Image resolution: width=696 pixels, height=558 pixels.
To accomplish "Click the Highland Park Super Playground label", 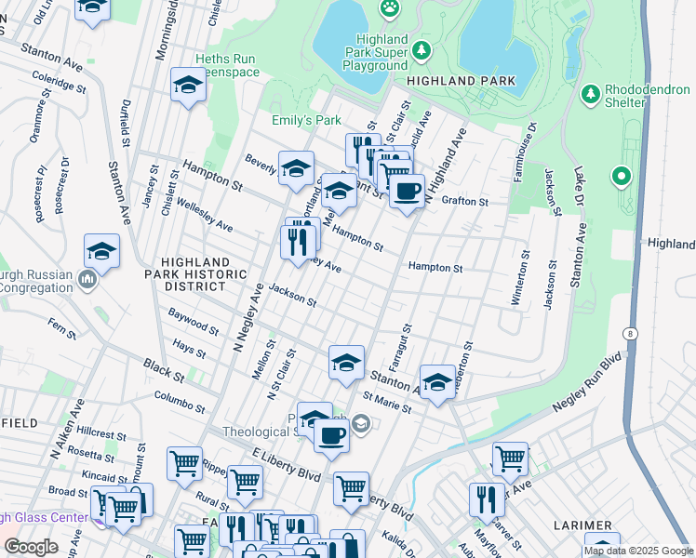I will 375,52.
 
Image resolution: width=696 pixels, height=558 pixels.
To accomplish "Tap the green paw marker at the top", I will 389,8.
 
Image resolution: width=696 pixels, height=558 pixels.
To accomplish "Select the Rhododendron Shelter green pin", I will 590,94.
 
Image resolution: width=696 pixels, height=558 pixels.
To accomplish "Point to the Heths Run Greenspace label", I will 225,64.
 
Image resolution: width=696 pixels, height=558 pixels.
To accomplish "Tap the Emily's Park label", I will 306,121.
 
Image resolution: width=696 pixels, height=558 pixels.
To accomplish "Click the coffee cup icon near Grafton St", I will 406,193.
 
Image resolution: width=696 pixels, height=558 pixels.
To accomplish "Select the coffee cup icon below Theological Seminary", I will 331,434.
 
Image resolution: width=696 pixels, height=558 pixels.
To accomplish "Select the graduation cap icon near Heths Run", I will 189,86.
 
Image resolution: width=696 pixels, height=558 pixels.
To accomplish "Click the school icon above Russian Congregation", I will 101,251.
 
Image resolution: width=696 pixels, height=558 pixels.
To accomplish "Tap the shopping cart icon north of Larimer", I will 510,458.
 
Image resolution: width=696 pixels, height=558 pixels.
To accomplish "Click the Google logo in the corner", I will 31,547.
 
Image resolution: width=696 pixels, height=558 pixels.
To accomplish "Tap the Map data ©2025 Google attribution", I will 638,551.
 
